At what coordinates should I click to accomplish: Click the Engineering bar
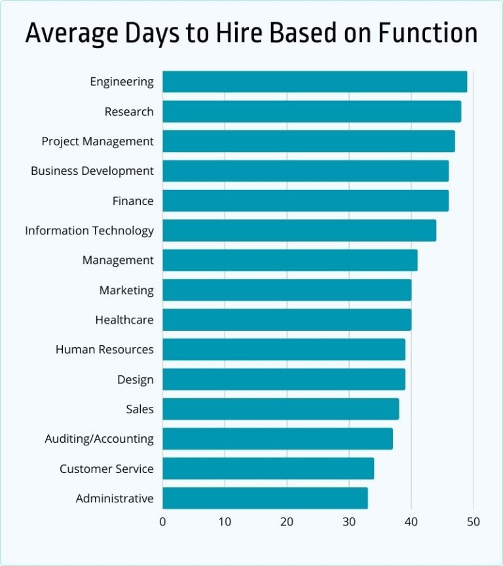314,82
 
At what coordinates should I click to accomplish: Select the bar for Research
312,111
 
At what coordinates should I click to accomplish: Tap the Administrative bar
265,499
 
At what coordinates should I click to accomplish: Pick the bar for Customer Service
268,468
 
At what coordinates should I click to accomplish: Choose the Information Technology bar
299,231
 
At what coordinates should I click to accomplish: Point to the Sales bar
280,409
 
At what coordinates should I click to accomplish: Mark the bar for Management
289,260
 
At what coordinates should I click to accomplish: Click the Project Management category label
98,141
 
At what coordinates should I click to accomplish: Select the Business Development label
92,171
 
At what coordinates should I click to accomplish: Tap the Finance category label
133,201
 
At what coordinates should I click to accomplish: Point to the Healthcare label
124,320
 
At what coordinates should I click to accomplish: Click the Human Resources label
105,350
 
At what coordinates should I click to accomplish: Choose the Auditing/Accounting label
100,439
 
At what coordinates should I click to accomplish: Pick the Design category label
136,379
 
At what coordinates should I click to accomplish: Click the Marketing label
126,290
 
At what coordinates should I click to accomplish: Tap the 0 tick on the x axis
162,521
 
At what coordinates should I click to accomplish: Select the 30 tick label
349,521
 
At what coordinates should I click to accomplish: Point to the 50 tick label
473,521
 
